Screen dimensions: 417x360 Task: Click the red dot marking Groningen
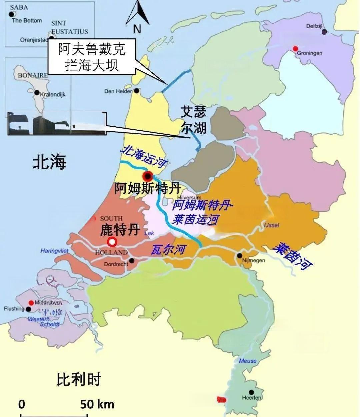point(295,49)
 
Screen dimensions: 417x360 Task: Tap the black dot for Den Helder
point(137,91)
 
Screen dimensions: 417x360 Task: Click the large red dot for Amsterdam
point(147,176)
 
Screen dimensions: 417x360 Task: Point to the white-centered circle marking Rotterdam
point(112,241)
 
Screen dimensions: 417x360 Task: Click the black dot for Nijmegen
point(239,256)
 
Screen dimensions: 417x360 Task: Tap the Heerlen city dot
point(251,392)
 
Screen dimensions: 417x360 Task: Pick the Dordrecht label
point(116,264)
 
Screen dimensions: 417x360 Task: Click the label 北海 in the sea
point(49,162)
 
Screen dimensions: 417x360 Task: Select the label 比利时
point(79,379)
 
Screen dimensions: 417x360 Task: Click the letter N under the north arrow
point(137,29)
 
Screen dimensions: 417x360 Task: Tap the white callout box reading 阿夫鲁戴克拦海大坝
point(92,56)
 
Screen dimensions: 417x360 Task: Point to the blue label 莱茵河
point(293,256)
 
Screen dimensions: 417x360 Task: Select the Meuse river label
point(248,361)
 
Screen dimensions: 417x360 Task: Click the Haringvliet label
point(54,250)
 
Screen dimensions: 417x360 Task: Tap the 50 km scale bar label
point(97,404)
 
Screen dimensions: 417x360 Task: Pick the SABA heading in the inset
point(19,7)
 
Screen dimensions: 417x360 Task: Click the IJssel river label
point(271,225)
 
